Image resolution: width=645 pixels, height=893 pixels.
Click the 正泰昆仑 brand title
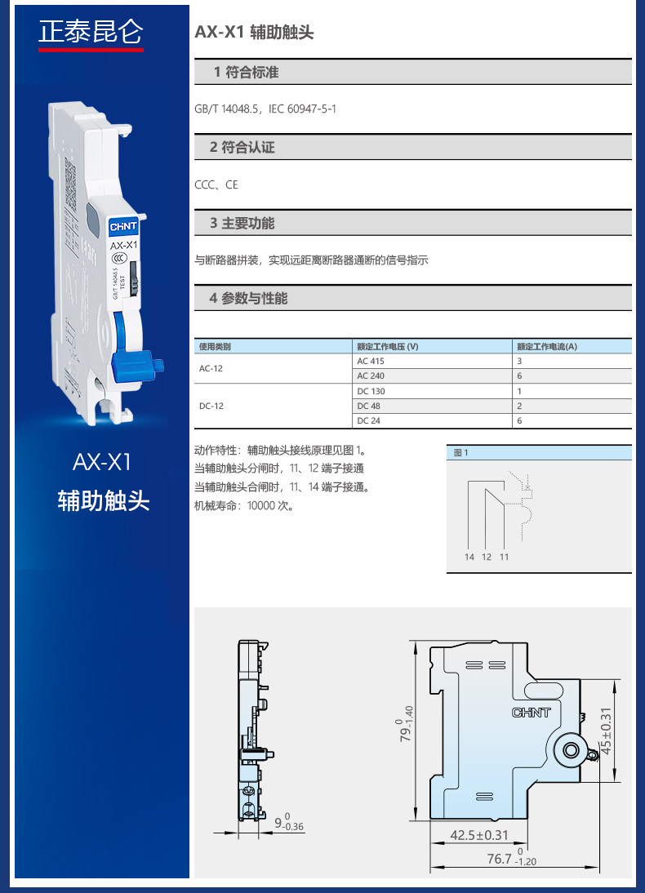pos(91,32)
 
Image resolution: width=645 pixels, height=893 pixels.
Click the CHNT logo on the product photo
pos(123,226)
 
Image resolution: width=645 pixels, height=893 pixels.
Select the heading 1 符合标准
pos(246,73)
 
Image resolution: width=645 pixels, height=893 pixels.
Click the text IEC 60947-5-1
pos(302,109)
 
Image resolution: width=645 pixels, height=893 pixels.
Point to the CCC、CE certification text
pos(216,184)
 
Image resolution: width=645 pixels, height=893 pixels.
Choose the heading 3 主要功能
pos(242,223)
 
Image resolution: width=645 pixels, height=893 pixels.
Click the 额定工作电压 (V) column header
pos(388,346)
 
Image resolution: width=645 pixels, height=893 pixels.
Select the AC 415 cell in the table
pos(371,361)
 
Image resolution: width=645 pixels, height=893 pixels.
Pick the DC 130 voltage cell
pos(371,391)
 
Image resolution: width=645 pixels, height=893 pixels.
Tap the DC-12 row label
pos(211,406)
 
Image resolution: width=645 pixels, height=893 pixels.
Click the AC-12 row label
pos(211,368)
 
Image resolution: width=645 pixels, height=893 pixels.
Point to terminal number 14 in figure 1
pos(469,557)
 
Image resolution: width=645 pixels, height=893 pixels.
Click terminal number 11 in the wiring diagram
pos(505,557)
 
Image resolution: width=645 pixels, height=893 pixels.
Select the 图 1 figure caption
pos(460,453)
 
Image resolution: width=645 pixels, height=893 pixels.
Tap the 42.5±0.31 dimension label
pos(479,835)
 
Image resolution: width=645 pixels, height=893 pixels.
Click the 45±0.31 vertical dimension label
pos(606,731)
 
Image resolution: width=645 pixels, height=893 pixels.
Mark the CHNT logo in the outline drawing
pos(531,713)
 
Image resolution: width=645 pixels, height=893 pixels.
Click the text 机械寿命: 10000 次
pos(244,506)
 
